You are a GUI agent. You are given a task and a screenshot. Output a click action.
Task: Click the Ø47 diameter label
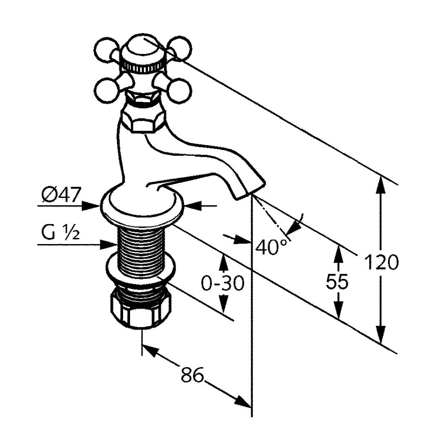[x=61, y=195]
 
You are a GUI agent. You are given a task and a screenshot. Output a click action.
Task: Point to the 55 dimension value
[x=337, y=281]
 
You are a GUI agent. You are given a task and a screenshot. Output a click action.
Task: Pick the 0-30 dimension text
[x=223, y=283]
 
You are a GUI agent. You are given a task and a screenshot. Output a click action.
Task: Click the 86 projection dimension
[x=192, y=374]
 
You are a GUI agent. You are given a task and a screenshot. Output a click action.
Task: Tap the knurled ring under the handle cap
[x=144, y=67]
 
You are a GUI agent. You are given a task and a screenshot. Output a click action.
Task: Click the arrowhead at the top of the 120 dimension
[x=381, y=185]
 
